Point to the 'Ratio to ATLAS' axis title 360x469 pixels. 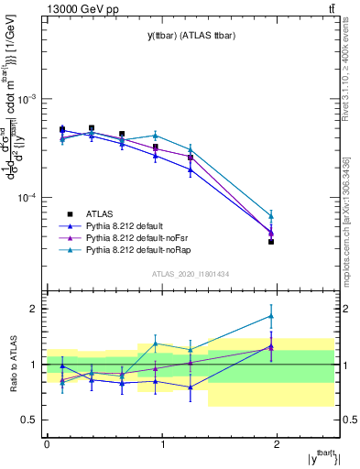coord(13,365)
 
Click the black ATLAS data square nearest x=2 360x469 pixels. coord(271,242)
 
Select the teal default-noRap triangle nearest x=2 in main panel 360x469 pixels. coord(271,216)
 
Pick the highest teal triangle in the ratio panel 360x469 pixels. coord(271,316)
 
